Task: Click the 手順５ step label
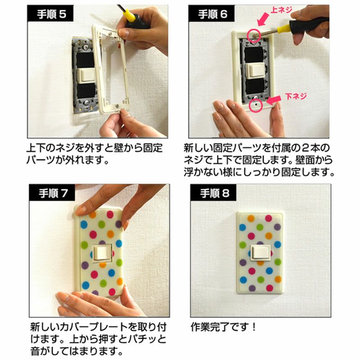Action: (x=51, y=14)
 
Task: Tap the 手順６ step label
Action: (x=212, y=14)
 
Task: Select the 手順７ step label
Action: (x=53, y=193)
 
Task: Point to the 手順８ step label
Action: (x=215, y=193)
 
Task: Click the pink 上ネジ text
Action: (x=281, y=10)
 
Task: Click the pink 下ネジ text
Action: (x=296, y=96)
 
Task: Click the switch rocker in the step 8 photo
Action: (x=261, y=253)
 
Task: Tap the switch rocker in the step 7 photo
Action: (x=103, y=252)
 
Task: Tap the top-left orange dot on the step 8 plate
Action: (x=251, y=218)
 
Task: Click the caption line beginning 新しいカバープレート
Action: (x=98, y=327)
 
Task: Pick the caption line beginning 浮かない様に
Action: (x=259, y=172)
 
